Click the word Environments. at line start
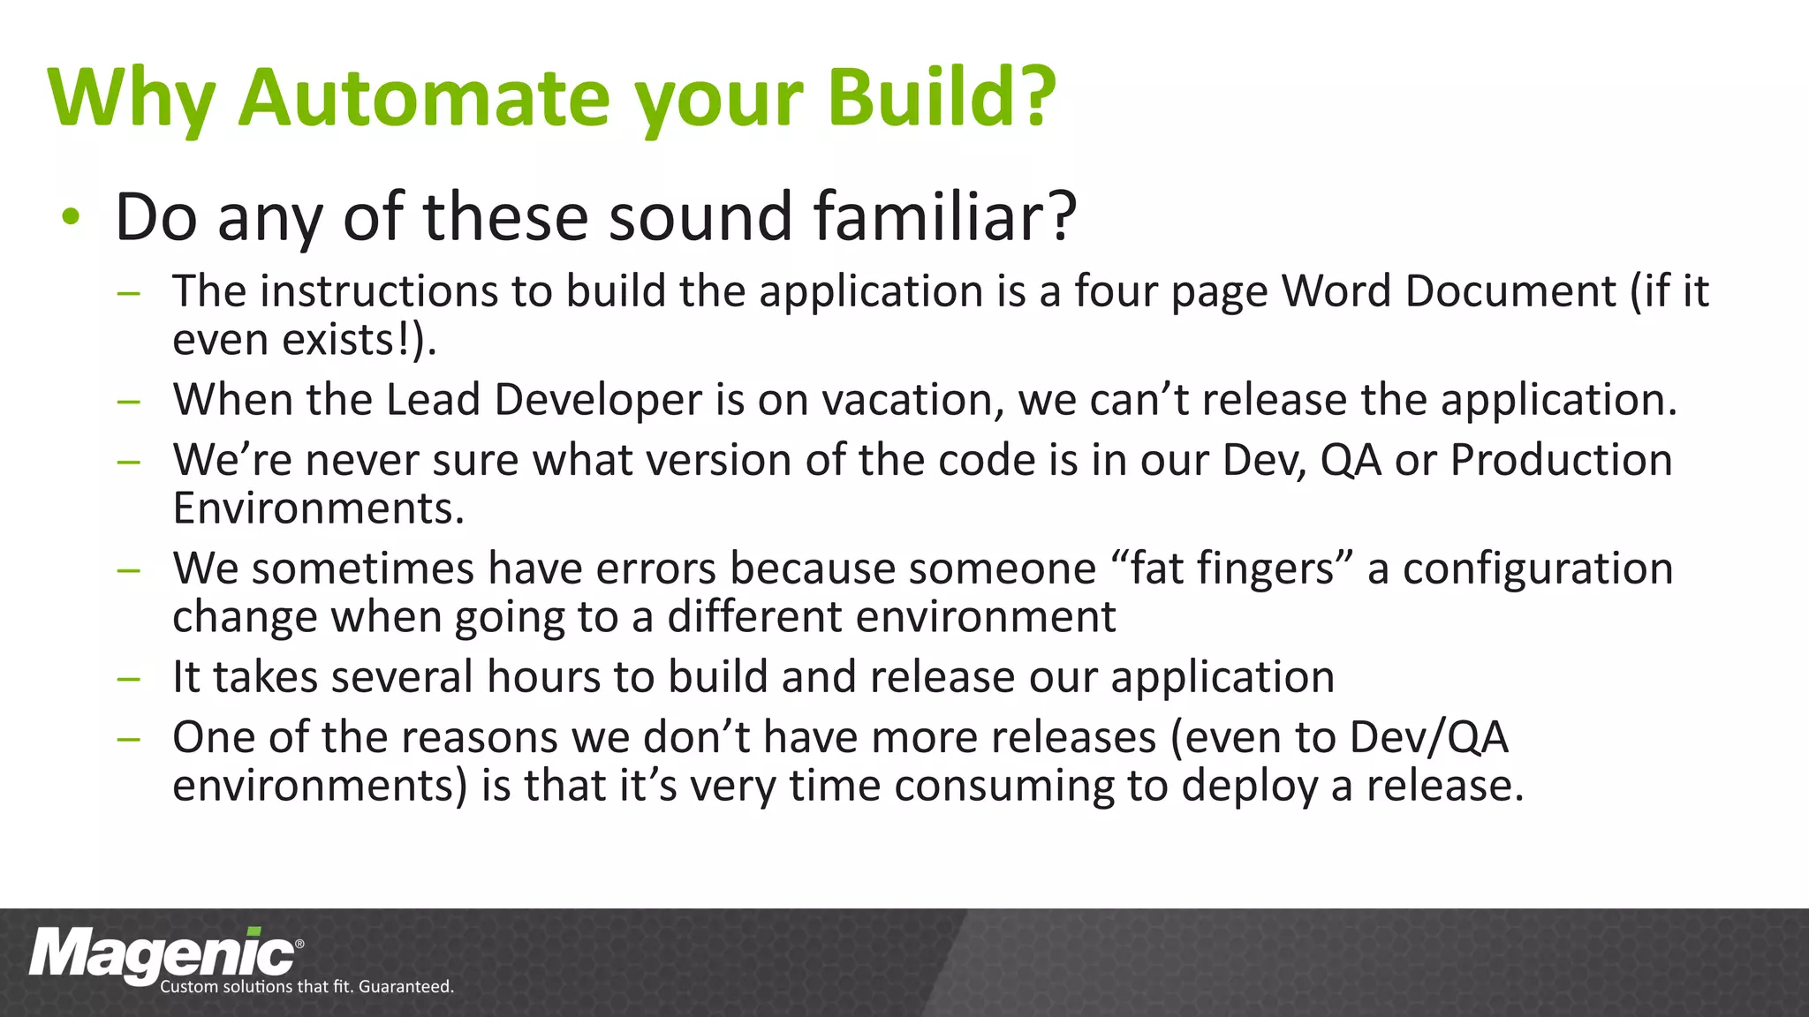318,509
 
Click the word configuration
1538,569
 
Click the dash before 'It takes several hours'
129,678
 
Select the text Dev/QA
1428,737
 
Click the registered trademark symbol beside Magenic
299,944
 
